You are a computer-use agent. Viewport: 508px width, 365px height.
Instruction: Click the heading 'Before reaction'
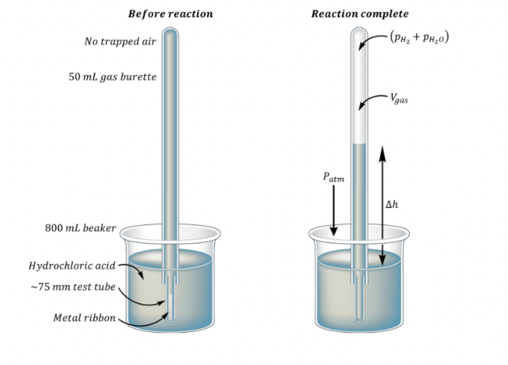[x=170, y=14]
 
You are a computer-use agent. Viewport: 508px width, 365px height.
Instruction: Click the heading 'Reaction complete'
[x=360, y=14]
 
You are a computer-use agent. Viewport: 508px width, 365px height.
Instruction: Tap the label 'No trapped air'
[x=120, y=42]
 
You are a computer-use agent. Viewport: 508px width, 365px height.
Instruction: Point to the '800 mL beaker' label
[x=81, y=228]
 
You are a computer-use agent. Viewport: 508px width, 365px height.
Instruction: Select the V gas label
[x=399, y=98]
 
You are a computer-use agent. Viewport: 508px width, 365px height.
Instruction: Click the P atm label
[x=333, y=176]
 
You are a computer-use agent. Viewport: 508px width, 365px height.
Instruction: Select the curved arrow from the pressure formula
[x=374, y=39]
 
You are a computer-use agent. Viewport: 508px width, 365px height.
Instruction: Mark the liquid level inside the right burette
[x=359, y=145]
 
